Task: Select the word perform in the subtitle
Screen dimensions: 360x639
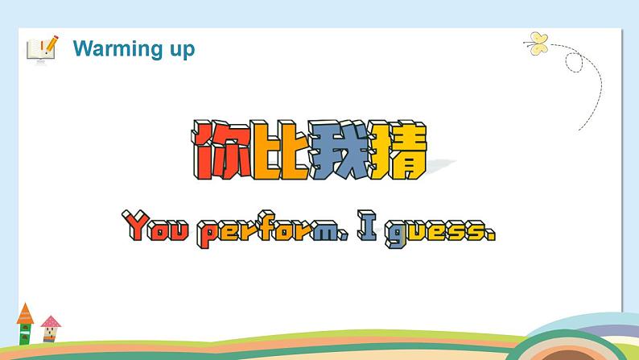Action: point(273,230)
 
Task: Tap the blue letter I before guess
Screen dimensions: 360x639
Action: point(369,228)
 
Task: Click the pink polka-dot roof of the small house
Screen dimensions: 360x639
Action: point(51,322)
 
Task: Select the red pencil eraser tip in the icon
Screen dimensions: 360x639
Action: point(55,38)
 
